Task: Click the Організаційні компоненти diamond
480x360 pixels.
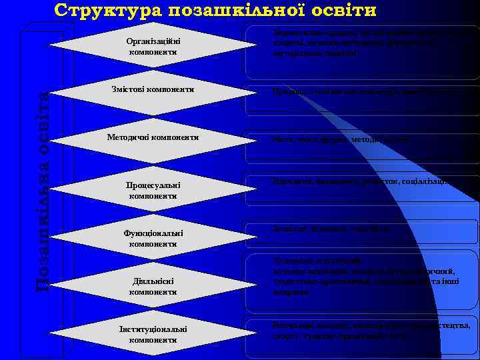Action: click(x=153, y=46)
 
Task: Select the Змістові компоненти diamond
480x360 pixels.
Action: click(x=153, y=89)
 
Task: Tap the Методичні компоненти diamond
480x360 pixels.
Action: click(x=153, y=137)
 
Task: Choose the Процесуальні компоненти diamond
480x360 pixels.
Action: click(x=153, y=190)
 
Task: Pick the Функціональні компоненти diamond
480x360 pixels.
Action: click(x=153, y=238)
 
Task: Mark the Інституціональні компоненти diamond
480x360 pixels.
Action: click(x=153, y=334)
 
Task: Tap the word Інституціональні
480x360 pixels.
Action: click(x=154, y=329)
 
